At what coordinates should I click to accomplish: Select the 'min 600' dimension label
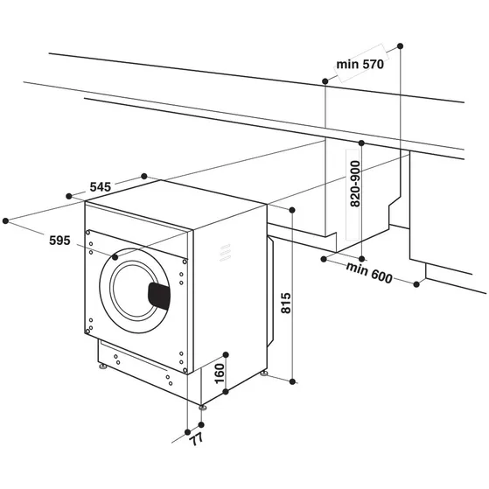(367, 272)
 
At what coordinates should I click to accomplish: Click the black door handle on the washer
(159, 295)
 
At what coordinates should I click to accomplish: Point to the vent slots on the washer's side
(225, 252)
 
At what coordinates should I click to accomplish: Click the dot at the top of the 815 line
(292, 210)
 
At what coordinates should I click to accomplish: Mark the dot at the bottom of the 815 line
(292, 381)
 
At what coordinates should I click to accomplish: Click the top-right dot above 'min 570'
(400, 43)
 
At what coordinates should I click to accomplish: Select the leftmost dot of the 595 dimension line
(7, 220)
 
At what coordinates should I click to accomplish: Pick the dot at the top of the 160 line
(225, 353)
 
